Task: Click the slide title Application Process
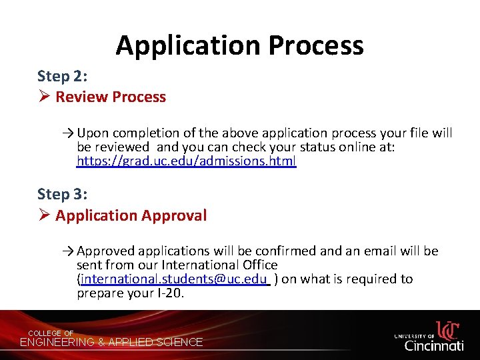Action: pos(239,45)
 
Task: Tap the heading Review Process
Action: pos(111,97)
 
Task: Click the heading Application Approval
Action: pos(131,216)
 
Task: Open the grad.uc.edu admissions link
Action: pos(186,161)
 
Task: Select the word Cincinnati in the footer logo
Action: pos(434,345)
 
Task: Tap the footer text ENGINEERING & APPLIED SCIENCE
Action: pos(112,343)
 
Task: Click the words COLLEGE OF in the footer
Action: pos(51,333)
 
